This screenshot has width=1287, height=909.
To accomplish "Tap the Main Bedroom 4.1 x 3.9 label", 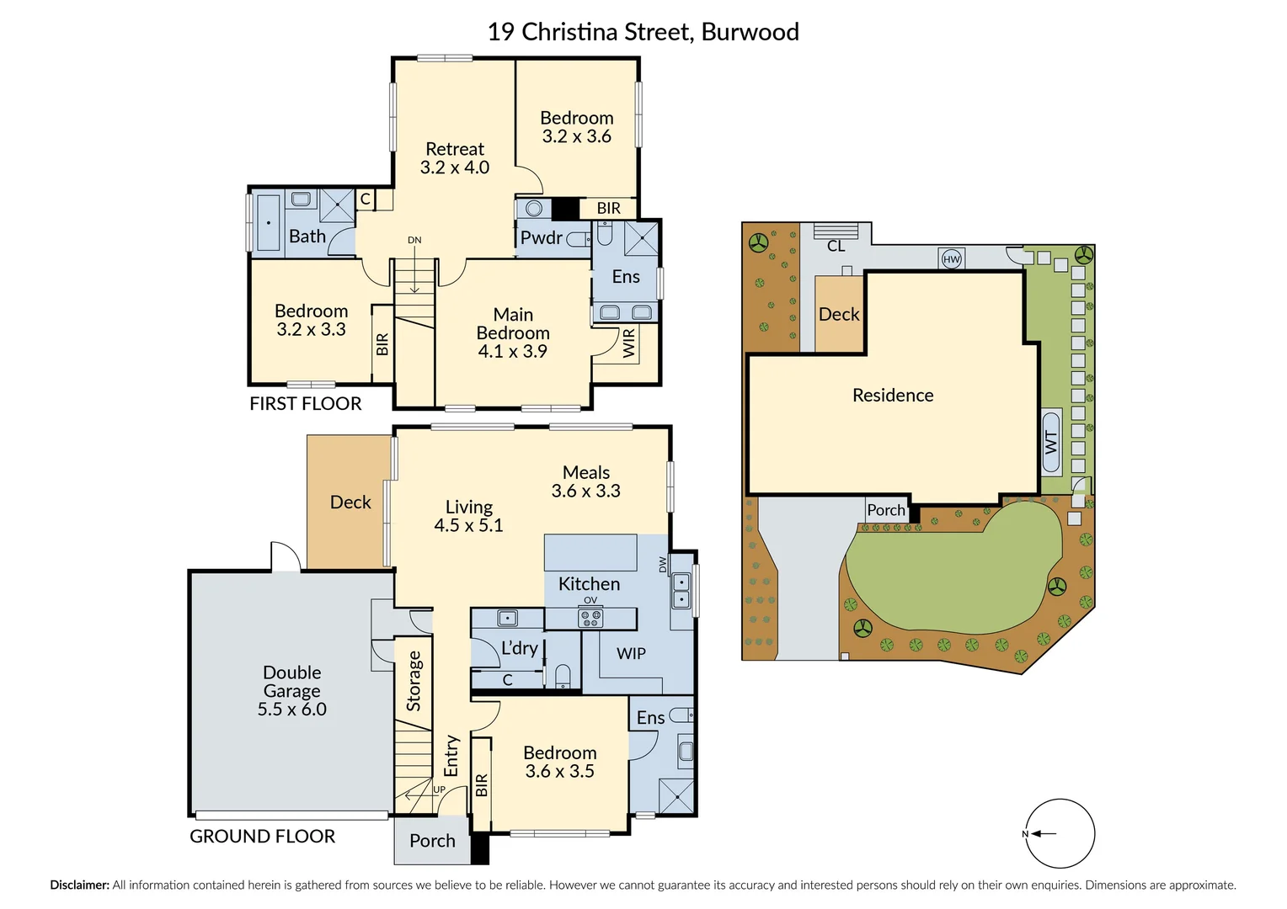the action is coord(513,333).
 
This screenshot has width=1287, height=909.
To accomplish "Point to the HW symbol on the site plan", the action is coord(952,259).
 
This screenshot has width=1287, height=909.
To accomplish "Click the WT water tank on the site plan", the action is coord(1051,442).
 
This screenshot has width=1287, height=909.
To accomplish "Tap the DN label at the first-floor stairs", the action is coord(414,240).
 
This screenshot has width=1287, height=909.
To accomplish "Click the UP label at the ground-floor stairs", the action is coord(439,789).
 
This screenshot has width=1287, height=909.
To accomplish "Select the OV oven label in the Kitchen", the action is coord(590,600).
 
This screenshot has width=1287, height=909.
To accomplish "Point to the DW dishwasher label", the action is coord(663,565).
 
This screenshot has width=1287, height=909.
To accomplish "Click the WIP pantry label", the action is coord(631,653).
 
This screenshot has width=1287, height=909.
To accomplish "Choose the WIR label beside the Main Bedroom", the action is coord(629,343).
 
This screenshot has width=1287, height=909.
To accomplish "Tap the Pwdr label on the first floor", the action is coord(542,237).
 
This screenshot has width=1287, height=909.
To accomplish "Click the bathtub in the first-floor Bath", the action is coord(269,223).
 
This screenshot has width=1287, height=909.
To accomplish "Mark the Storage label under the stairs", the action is coord(414,681).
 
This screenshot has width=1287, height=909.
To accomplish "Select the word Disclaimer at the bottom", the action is coord(79,885).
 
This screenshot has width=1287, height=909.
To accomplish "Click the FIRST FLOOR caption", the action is coord(306,404).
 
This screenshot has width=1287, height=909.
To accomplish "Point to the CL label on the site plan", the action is coord(836,246).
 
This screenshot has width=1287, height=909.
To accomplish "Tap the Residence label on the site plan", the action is coord(893,395).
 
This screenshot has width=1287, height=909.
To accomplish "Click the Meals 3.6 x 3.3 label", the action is coord(586,481).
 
